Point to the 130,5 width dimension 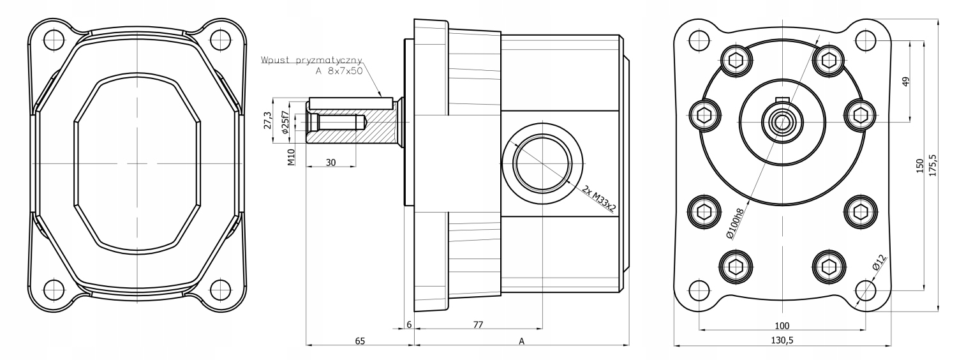(x=782, y=341)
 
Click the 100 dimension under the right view (x=782, y=325)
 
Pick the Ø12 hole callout (x=879, y=261)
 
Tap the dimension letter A (x=521, y=341)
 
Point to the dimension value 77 (x=478, y=325)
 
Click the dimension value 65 (x=360, y=341)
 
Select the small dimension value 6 (x=409, y=325)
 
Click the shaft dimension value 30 (x=330, y=162)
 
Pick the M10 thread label (x=291, y=157)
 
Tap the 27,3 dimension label (x=268, y=119)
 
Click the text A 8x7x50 (x=339, y=71)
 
